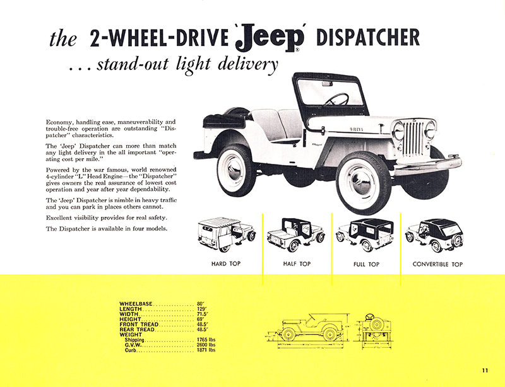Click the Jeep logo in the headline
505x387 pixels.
[x=270, y=39]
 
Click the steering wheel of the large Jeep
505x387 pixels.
[x=338, y=100]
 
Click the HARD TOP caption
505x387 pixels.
[x=225, y=264]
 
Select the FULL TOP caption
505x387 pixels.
[x=367, y=264]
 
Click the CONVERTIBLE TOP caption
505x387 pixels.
[x=437, y=264]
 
